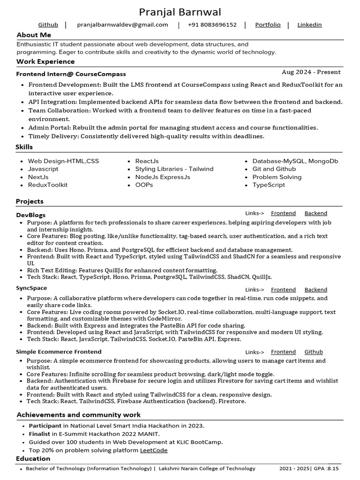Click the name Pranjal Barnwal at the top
(x=180, y=12)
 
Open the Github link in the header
(x=48, y=25)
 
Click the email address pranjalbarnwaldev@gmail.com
(x=122, y=25)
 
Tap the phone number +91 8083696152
(x=212, y=25)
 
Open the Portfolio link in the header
(x=268, y=25)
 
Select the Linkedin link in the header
(x=309, y=25)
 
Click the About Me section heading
(x=34, y=35)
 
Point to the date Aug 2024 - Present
(x=311, y=72)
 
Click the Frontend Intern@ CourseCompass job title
(x=71, y=74)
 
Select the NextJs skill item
(x=38, y=177)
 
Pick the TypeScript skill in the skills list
(x=268, y=185)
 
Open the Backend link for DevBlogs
(x=315, y=213)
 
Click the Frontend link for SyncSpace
(x=283, y=290)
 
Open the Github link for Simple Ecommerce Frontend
(x=314, y=352)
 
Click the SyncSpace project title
(x=31, y=288)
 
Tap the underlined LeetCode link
(x=154, y=450)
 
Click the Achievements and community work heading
(x=78, y=415)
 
